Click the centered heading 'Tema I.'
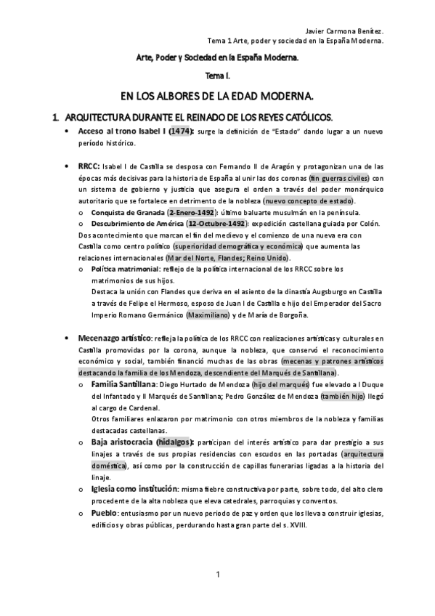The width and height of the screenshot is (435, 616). pyautogui.click(x=217, y=75)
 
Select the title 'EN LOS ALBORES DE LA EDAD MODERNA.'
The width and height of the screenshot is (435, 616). pyautogui.click(x=216, y=95)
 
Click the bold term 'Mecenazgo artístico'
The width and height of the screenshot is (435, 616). pyautogui.click(x=115, y=338)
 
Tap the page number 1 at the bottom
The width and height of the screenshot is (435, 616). pyautogui.click(x=217, y=576)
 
